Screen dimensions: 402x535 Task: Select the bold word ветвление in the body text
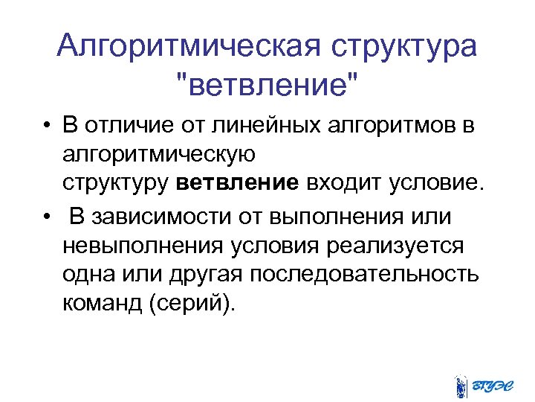point(238,183)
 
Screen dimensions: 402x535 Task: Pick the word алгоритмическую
point(160,155)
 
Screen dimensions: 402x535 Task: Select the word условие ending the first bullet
point(436,183)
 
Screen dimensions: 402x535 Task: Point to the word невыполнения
point(144,245)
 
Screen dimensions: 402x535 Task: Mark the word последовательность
point(365,274)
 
